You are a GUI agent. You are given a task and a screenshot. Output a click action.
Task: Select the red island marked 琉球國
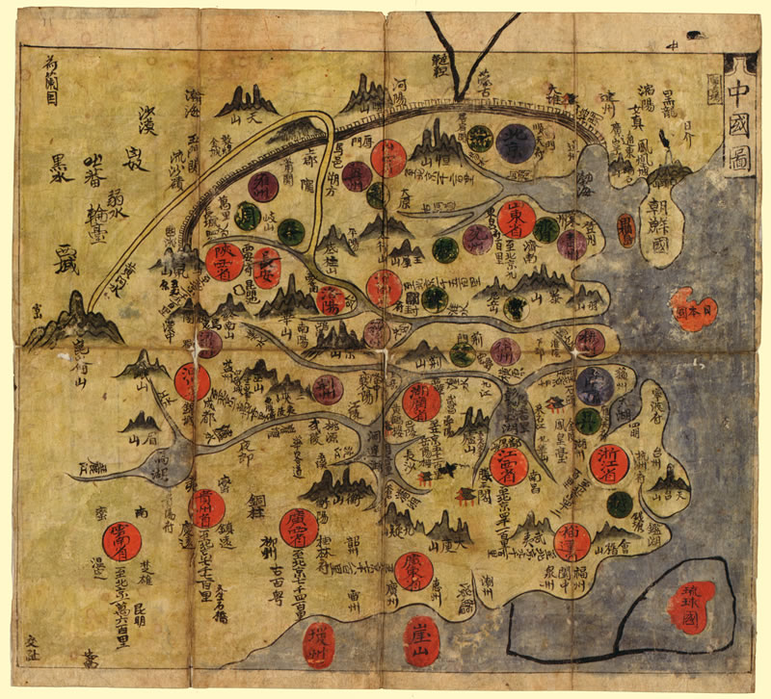tap(693, 605)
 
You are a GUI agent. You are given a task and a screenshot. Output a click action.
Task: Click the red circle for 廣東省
tap(415, 570)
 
